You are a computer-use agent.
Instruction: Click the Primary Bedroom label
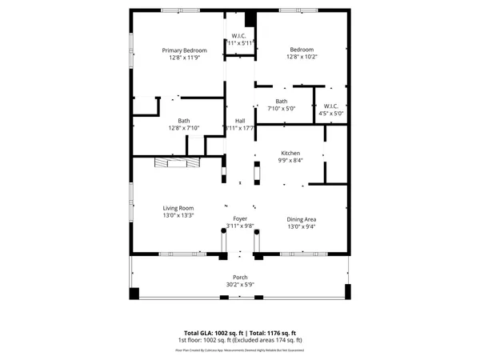(x=178, y=50)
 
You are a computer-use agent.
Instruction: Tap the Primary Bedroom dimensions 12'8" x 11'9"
(x=178, y=58)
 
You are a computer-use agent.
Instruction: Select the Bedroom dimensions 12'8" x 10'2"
(x=302, y=58)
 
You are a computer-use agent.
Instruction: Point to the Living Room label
(x=178, y=207)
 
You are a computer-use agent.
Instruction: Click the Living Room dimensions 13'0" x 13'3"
(x=178, y=215)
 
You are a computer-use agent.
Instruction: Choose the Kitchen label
(x=290, y=152)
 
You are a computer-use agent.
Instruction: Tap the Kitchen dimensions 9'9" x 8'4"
(x=290, y=160)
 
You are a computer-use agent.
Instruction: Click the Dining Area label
(x=302, y=218)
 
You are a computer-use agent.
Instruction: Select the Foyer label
(x=240, y=218)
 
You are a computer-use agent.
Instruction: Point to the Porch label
(x=240, y=277)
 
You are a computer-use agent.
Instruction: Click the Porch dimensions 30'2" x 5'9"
(x=240, y=285)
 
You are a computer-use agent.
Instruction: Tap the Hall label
(x=240, y=120)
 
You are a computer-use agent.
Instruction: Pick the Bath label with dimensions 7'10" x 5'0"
(x=282, y=101)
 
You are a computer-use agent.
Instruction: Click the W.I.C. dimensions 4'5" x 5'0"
(x=331, y=114)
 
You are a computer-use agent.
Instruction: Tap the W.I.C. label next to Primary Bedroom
(x=239, y=35)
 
